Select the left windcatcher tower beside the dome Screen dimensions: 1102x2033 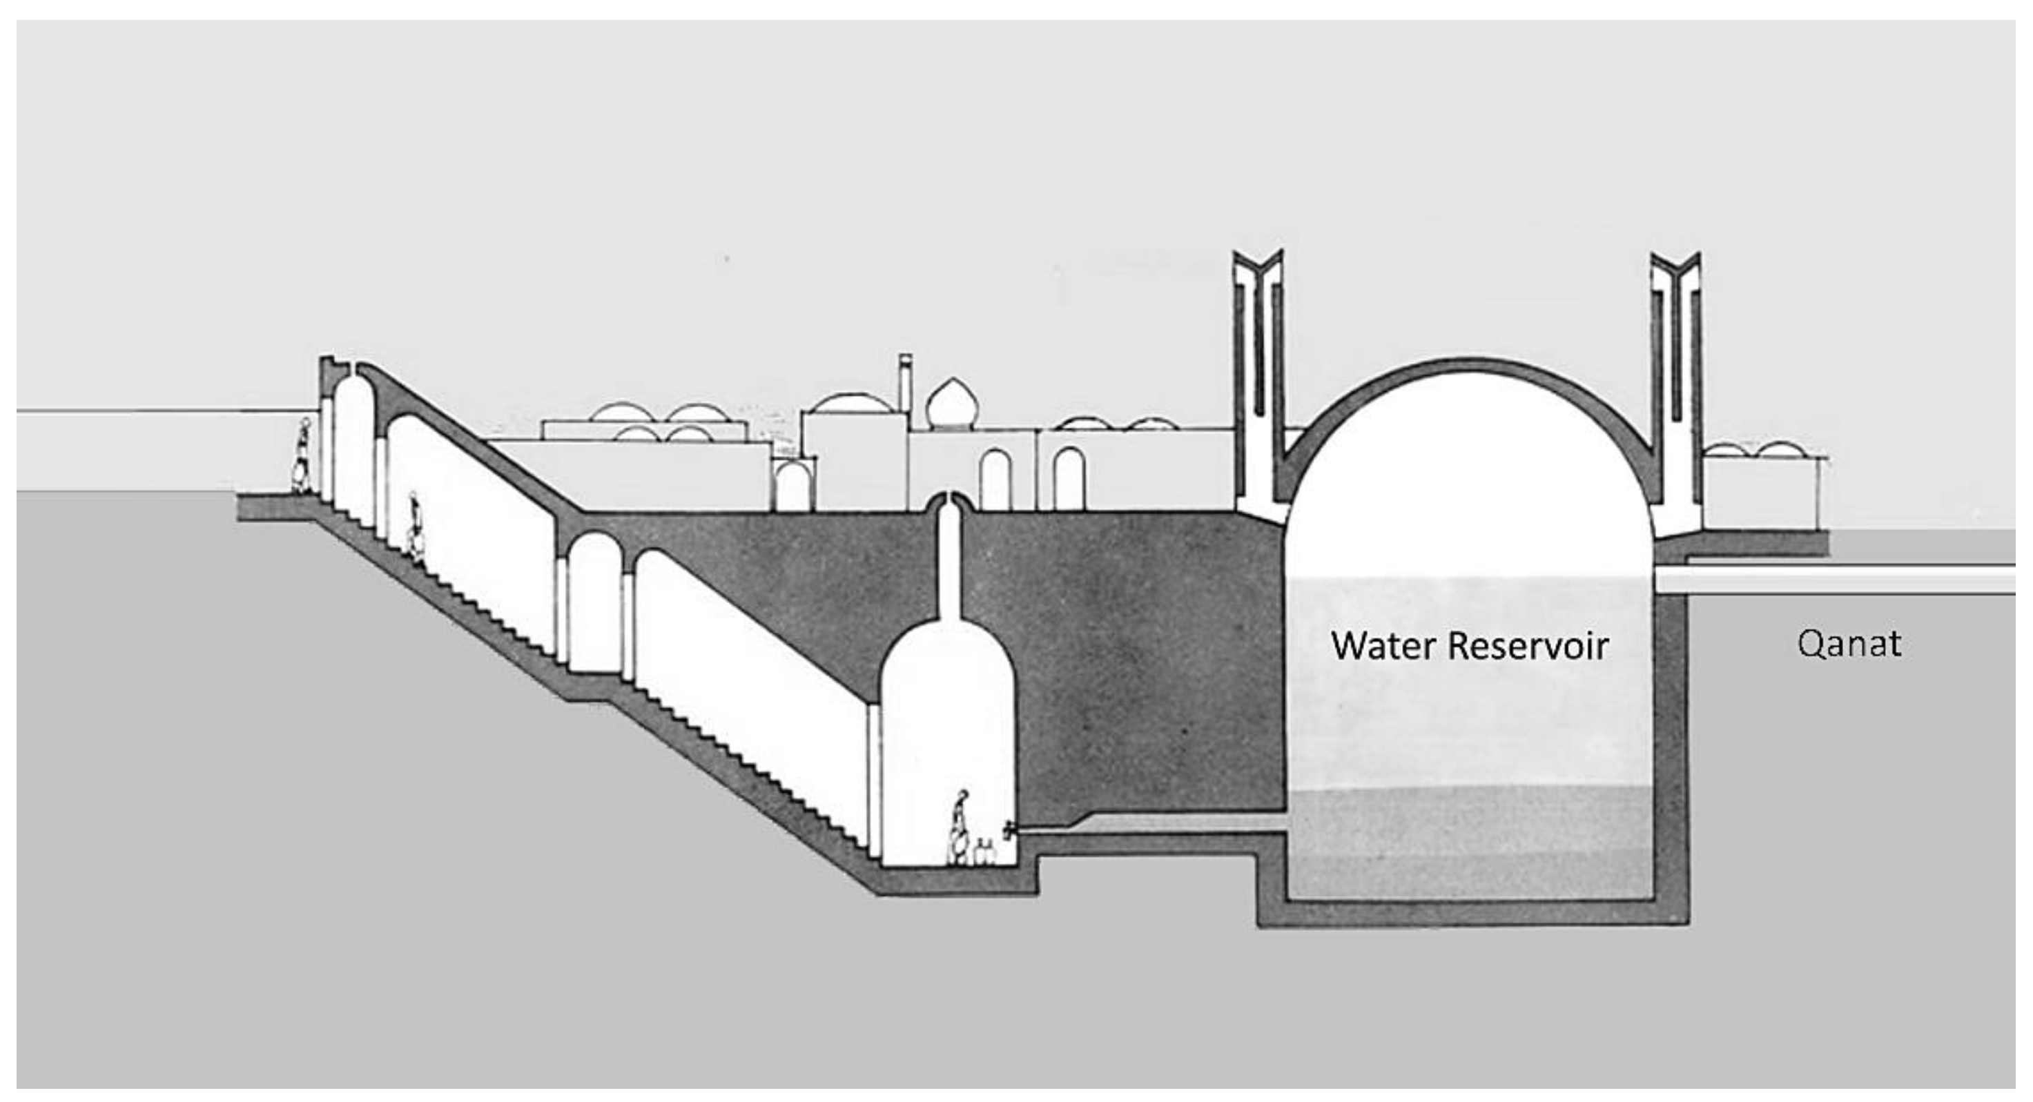point(1258,379)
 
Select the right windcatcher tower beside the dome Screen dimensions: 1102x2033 point(1675,379)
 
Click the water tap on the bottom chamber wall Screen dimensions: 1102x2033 point(1009,831)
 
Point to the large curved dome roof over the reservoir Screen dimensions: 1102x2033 point(1468,375)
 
